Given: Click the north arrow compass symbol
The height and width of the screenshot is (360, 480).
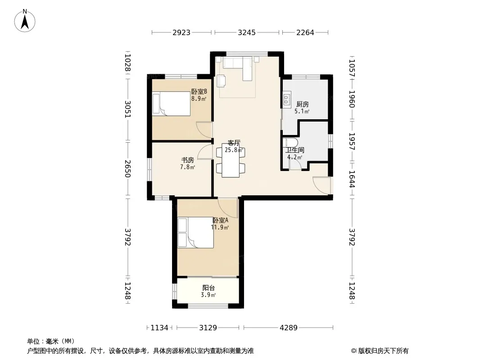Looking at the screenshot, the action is tap(25, 21).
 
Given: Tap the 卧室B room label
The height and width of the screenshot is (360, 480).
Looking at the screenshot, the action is tap(199, 91).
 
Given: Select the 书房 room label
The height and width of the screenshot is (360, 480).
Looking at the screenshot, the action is tap(188, 160).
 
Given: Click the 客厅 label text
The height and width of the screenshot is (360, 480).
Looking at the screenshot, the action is tap(234, 143).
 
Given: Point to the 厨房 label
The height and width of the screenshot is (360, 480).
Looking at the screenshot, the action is tap(303, 104).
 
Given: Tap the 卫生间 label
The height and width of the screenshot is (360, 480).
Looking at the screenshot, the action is tap(295, 150).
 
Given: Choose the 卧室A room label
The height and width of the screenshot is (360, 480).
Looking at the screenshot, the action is tap(220, 220).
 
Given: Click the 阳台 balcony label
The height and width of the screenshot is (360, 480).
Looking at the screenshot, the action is tap(208, 288).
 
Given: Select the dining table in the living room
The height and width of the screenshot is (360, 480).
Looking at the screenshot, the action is tap(231, 161).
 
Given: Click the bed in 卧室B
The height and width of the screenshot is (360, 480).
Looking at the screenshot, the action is tap(172, 104).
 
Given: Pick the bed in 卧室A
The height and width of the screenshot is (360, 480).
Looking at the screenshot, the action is tap(195, 233).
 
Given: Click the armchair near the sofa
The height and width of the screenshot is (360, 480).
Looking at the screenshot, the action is tap(222, 81).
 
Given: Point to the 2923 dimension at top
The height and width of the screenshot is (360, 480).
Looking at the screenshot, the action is tap(181, 32).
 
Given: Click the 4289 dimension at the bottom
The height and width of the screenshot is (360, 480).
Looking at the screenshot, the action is tap(288, 328).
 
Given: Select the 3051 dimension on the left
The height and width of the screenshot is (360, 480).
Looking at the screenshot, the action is tap(128, 109).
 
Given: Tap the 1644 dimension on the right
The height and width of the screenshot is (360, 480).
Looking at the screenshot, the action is tap(352, 179).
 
